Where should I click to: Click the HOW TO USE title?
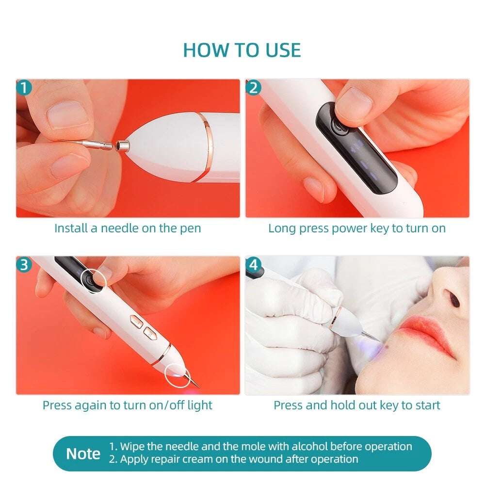pyautogui.click(x=242, y=50)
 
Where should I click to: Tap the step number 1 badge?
pyautogui.click(x=24, y=88)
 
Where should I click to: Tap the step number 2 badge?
pyautogui.click(x=253, y=88)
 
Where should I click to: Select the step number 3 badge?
pyautogui.click(x=24, y=265)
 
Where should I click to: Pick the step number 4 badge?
pyautogui.click(x=253, y=265)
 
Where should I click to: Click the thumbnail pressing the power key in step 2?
pyautogui.click(x=354, y=102)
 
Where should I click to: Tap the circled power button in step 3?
pyautogui.click(x=92, y=280)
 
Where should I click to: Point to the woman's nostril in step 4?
pyautogui.click(x=453, y=299)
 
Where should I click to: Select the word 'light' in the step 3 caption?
pyautogui.click(x=199, y=405)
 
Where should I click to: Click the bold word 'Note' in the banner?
pyautogui.click(x=83, y=454)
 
